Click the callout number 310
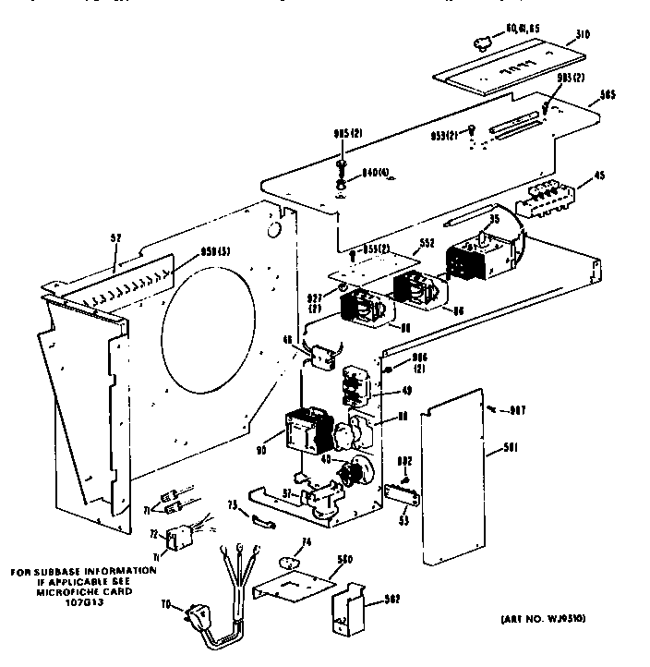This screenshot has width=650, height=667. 583,36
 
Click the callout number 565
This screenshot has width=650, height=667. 607,94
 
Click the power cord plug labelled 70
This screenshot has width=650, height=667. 201,612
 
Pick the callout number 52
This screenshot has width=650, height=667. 115,238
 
